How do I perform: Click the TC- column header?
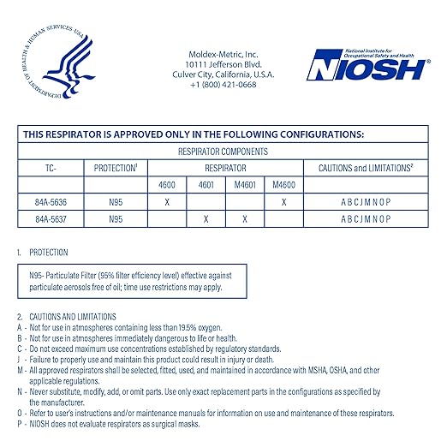51,168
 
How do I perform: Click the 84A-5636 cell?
51,201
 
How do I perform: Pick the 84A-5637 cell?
51,218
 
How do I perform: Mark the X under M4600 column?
283,201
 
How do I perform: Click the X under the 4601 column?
206,218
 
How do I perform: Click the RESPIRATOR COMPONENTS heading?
223,150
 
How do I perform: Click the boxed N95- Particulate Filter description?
133,279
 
